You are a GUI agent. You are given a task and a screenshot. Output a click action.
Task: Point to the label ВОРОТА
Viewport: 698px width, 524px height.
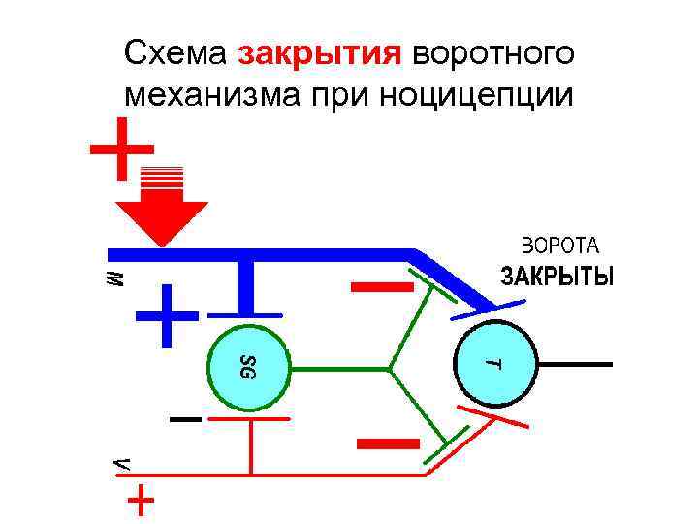pyautogui.click(x=562, y=245)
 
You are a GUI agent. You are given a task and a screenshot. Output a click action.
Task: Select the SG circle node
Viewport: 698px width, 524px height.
pyautogui.click(x=248, y=366)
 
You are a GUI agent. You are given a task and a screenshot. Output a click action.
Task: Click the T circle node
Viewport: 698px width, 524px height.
pyautogui.click(x=494, y=364)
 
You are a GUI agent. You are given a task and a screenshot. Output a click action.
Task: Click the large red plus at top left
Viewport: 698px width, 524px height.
pyautogui.click(x=122, y=149)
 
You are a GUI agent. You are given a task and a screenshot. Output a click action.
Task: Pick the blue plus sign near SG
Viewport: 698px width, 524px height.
pyautogui.click(x=165, y=316)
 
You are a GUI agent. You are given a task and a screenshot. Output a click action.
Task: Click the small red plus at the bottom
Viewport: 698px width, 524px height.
pyautogui.click(x=141, y=500)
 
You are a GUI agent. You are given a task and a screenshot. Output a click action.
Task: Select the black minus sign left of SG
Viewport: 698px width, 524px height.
pyautogui.click(x=184, y=420)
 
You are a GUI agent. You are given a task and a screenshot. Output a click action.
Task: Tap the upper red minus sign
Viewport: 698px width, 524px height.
pyautogui.click(x=382, y=286)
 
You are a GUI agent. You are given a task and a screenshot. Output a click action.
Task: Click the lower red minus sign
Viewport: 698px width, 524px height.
pyautogui.click(x=388, y=443)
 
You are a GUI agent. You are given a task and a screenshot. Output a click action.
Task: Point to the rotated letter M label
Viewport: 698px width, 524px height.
pyautogui.click(x=114, y=278)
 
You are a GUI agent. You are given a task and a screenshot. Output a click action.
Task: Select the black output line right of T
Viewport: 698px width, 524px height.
pyautogui.click(x=577, y=364)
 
